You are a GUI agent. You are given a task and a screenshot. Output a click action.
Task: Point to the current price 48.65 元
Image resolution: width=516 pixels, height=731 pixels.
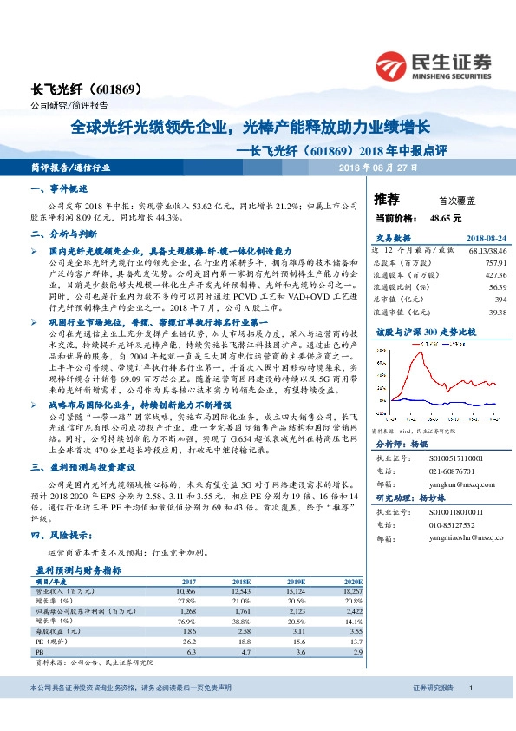pos(447,218)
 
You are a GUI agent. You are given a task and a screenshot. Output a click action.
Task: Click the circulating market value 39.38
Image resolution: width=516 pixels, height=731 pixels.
pos(496,313)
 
